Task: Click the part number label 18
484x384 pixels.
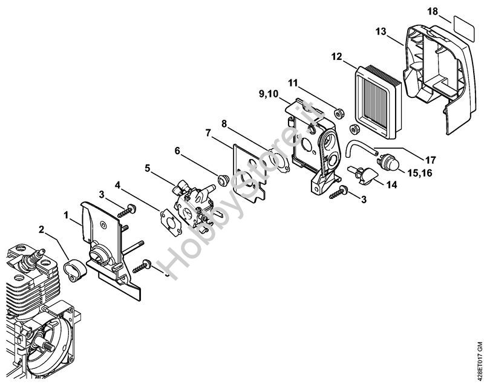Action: pyautogui.click(x=449, y=12)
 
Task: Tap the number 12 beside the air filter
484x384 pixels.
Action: pyautogui.click(x=337, y=56)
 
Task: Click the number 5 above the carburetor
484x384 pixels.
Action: pyautogui.click(x=148, y=168)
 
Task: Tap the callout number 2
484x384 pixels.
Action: pyautogui.click(x=42, y=229)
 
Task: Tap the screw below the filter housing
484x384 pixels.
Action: pyautogui.click(x=339, y=193)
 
